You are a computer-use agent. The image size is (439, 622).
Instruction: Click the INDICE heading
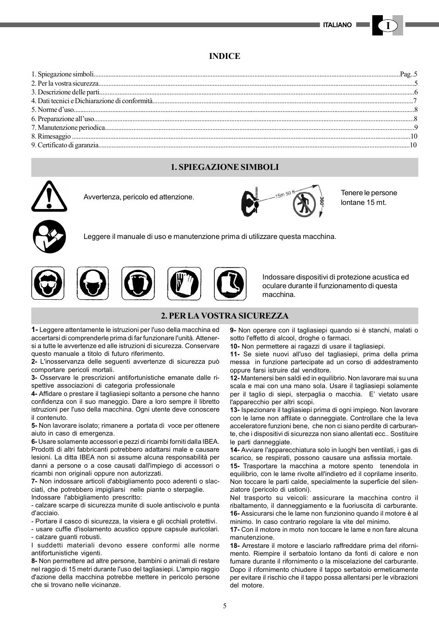pyautogui.click(x=225, y=56)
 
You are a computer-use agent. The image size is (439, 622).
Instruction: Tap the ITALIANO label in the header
pyautogui.click(x=337, y=25)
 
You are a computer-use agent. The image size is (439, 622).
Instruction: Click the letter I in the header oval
pyautogui.click(x=388, y=26)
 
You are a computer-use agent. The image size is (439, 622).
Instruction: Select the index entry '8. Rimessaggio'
pyautogui.click(x=51, y=136)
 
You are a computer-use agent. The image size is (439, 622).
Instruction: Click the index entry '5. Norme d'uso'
pyautogui.click(x=52, y=110)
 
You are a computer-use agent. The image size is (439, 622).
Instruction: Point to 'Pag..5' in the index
pyautogui.click(x=408, y=74)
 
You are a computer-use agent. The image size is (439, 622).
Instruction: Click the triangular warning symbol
pyautogui.click(x=49, y=197)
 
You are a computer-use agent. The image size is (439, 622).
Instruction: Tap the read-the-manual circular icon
pyautogui.click(x=49, y=237)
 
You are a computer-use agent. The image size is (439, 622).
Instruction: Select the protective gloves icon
pyautogui.click(x=184, y=283)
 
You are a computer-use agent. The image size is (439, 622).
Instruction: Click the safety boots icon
pyautogui.click(x=230, y=283)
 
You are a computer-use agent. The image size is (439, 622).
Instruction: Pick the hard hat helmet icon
pyautogui.click(x=92, y=283)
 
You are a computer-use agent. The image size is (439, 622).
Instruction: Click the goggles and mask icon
pyautogui.click(x=48, y=283)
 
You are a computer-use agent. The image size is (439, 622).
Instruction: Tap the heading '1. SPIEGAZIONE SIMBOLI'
pyautogui.click(x=225, y=167)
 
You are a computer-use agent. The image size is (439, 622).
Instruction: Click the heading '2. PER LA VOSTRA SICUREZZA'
pyautogui.click(x=225, y=316)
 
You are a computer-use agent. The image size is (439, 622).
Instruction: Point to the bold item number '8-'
pyautogui.click(x=35, y=561)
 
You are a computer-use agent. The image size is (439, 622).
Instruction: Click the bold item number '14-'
pyautogui.click(x=235, y=450)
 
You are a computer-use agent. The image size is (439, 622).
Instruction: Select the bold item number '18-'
pyautogui.click(x=235, y=546)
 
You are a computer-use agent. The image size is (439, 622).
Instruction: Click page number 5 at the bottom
pyautogui.click(x=225, y=606)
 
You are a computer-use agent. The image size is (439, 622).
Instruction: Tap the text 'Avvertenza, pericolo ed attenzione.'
pyautogui.click(x=139, y=197)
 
